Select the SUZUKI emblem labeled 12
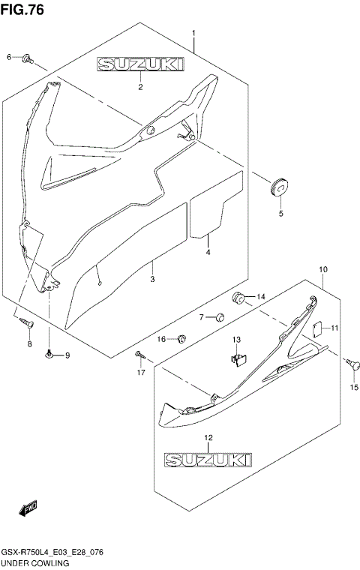[208, 457]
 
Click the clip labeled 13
[238, 359]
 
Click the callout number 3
[151, 279]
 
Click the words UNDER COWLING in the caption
[35, 562]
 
